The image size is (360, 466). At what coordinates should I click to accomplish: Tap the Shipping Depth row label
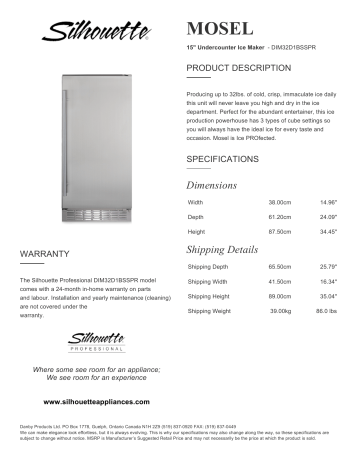click(x=208, y=267)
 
